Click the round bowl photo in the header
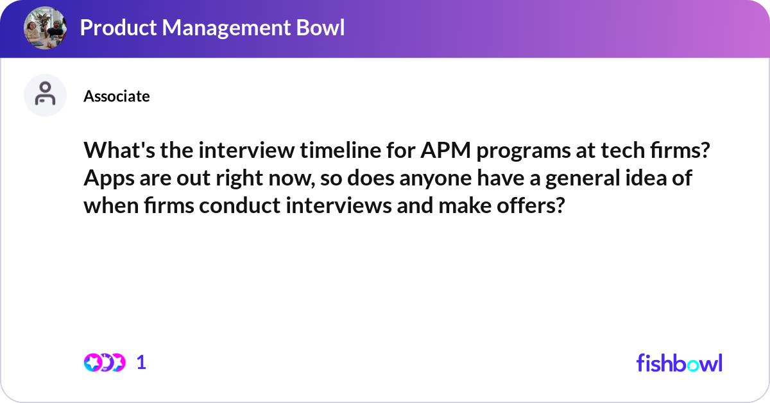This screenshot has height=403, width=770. click(45, 28)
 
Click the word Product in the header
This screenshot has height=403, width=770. click(119, 28)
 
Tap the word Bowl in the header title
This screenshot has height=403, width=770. click(320, 28)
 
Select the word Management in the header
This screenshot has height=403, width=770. click(227, 28)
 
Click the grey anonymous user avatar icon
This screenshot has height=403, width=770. click(45, 95)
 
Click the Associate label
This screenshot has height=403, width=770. click(117, 96)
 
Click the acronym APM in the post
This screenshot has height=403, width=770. click(445, 150)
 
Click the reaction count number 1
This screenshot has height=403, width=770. click(141, 363)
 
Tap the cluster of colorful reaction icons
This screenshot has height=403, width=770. click(105, 363)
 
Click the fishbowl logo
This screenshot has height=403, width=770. click(680, 363)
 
